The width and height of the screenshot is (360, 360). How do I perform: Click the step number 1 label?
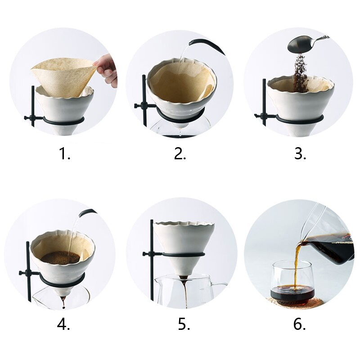pos(64,153)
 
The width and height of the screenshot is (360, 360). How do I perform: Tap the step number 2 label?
pos(180,153)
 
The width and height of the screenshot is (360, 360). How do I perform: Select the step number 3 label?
pos(300,153)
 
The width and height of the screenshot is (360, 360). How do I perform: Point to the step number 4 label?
pos(63,324)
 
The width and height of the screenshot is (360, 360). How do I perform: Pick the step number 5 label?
pos(184,324)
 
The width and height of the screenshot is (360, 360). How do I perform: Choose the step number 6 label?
pos(299,324)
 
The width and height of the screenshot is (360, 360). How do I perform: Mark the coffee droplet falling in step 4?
pos(63,307)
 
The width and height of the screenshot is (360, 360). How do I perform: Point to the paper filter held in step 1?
pos(64,76)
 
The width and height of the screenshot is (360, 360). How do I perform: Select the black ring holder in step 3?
pos(298,118)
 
